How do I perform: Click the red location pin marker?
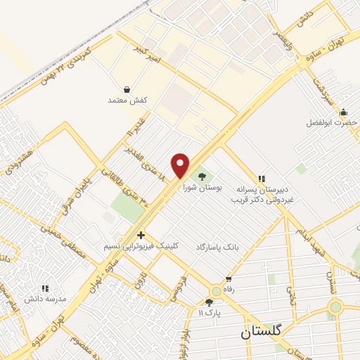(x=181, y=165)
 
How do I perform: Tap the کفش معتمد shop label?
(x=127, y=101)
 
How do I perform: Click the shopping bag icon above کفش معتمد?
(x=127, y=90)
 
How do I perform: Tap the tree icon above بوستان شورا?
(x=202, y=175)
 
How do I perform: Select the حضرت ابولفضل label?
(x=331, y=122)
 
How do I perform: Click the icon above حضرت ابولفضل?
(x=343, y=111)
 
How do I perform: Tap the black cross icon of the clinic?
(x=141, y=235)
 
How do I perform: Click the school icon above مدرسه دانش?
(x=45, y=288)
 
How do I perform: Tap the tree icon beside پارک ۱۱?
(x=209, y=302)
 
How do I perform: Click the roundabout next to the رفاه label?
(x=214, y=291)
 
